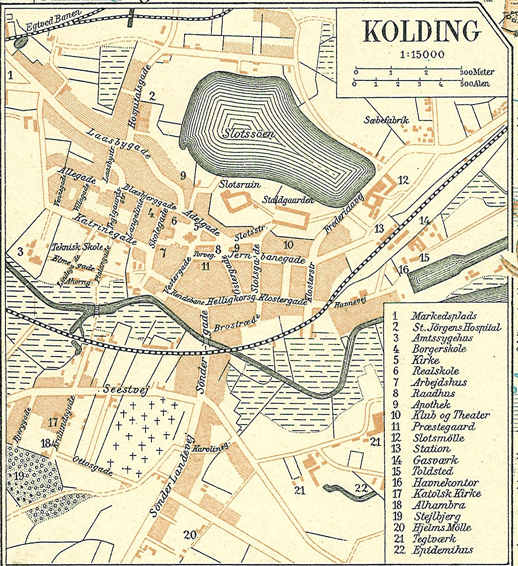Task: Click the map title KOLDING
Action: (422, 31)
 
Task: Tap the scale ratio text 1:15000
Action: (422, 55)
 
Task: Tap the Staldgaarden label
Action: (288, 200)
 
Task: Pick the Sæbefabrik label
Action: (387, 120)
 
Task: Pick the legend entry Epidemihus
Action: (442, 550)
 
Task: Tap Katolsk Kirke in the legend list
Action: (446, 494)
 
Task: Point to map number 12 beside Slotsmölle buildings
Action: (403, 180)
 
